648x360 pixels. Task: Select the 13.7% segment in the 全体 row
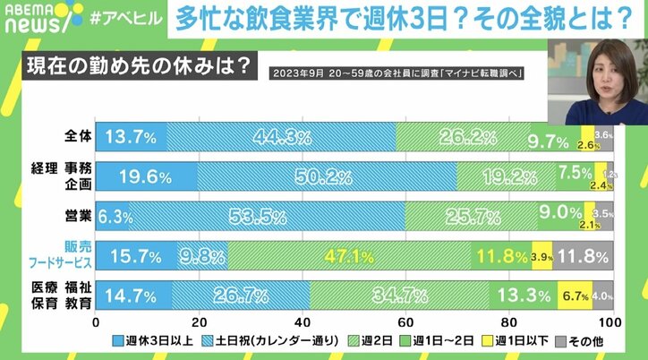(131, 137)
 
